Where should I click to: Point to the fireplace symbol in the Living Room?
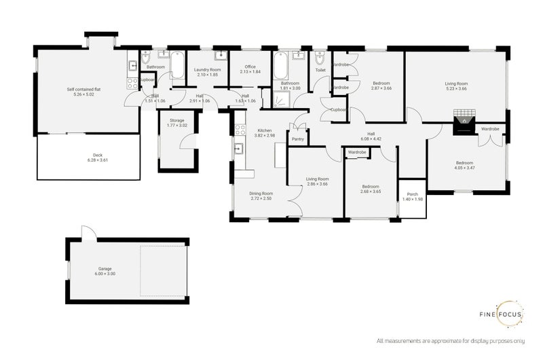[464, 121]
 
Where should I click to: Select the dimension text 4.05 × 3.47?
[465, 166]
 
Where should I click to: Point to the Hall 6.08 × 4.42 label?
[371, 137]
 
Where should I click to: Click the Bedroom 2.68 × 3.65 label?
[370, 189]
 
